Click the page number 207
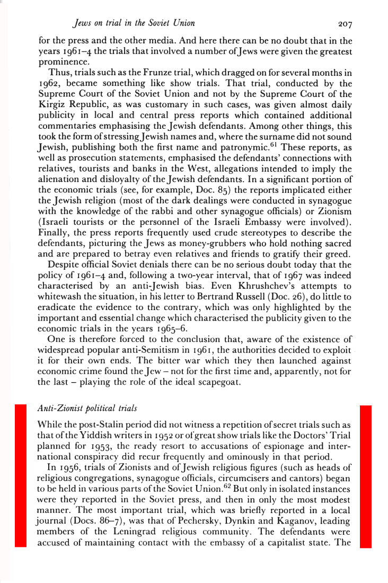(337, 23)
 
